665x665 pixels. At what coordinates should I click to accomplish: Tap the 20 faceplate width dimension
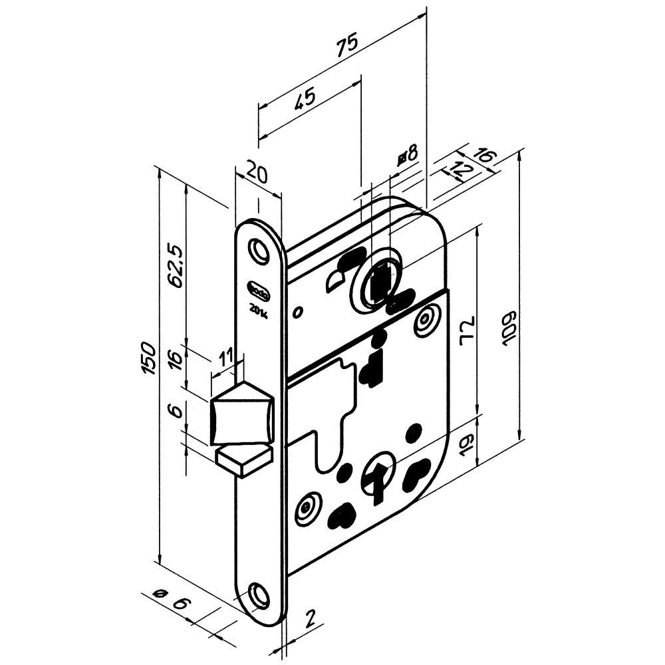[256, 174]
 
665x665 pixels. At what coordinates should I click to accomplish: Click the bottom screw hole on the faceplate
[259, 593]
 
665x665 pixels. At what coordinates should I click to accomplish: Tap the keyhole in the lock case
[378, 481]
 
